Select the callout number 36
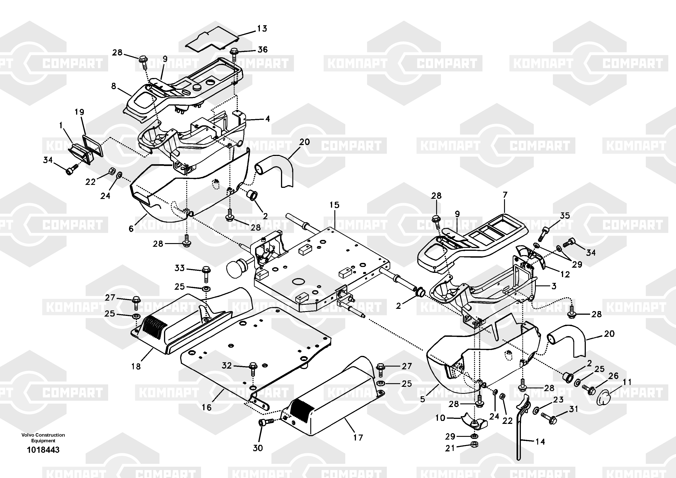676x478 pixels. [262, 50]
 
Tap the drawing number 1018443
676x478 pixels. [43, 450]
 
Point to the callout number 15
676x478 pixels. [334, 205]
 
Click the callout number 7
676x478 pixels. [505, 195]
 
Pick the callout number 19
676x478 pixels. [79, 112]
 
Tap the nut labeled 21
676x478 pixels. [474, 444]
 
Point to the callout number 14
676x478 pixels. [540, 441]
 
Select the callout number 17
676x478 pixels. [358, 437]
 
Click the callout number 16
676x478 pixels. [206, 407]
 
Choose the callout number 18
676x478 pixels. [136, 366]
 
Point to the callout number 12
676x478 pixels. [565, 274]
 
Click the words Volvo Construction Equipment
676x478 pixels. [43, 438]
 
